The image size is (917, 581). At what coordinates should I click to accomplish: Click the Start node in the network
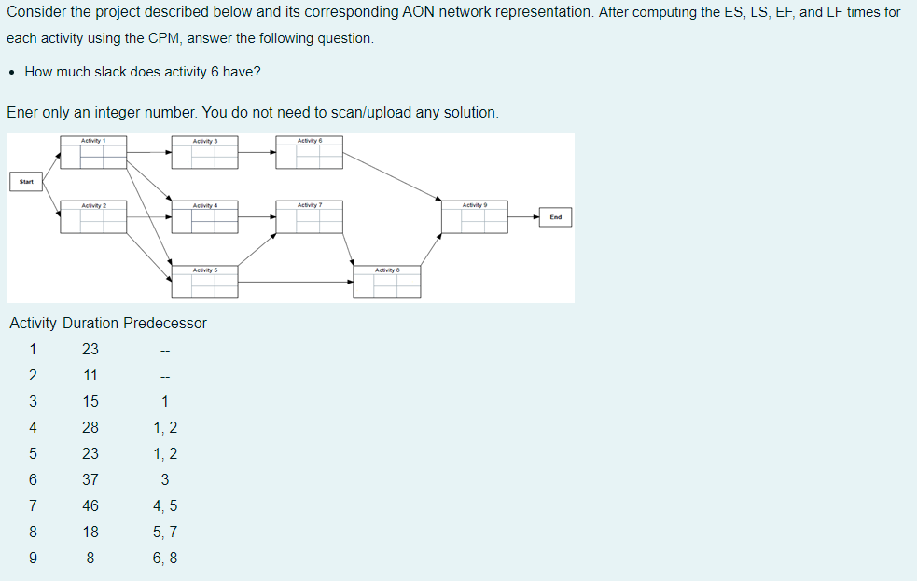click(x=26, y=182)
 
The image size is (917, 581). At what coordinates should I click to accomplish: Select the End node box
click(x=556, y=217)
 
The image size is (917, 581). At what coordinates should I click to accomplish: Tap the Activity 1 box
click(x=93, y=154)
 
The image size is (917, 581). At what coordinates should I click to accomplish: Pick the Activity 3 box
click(x=204, y=154)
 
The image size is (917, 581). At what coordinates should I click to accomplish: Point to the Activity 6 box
click(x=309, y=154)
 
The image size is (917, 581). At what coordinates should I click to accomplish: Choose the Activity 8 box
click(x=387, y=284)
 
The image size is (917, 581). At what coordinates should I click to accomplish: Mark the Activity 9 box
click(x=474, y=218)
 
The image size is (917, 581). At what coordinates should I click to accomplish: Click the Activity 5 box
click(x=204, y=284)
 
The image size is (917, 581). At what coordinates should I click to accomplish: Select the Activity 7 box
click(x=309, y=218)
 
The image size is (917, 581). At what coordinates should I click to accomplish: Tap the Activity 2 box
click(x=93, y=218)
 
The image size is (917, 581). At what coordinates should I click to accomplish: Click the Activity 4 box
click(x=204, y=218)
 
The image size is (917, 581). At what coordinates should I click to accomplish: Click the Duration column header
click(x=90, y=324)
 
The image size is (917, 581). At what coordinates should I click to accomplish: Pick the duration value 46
click(x=90, y=506)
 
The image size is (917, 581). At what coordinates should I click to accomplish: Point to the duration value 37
click(x=90, y=480)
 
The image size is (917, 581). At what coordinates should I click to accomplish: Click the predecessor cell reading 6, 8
click(x=164, y=559)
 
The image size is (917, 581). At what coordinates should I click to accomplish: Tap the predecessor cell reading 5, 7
click(x=164, y=533)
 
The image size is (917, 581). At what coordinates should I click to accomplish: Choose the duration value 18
click(x=90, y=533)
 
